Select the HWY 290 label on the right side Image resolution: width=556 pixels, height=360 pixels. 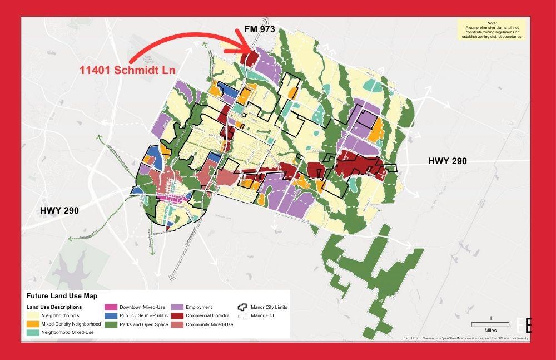(x=447, y=161)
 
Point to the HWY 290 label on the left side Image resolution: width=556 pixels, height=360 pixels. (x=59, y=211)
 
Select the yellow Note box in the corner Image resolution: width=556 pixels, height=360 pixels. (x=492, y=29)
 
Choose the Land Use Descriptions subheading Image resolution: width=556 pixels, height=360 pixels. (x=54, y=307)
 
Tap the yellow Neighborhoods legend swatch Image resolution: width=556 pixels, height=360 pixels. (x=32, y=315)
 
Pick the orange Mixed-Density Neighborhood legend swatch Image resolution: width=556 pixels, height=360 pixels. (x=32, y=323)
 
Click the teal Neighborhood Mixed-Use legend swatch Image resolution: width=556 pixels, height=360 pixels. (x=32, y=332)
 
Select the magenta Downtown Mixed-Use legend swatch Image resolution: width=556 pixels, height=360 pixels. (x=111, y=307)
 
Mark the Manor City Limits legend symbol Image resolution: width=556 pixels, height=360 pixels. (x=242, y=307)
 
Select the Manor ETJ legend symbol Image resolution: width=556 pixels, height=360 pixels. (x=242, y=315)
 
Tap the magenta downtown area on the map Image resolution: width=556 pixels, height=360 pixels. (x=169, y=198)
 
